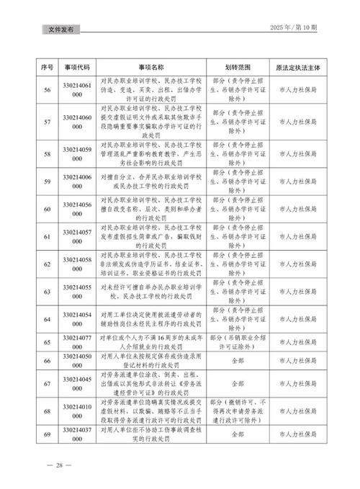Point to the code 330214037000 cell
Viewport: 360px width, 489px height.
click(77, 436)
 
